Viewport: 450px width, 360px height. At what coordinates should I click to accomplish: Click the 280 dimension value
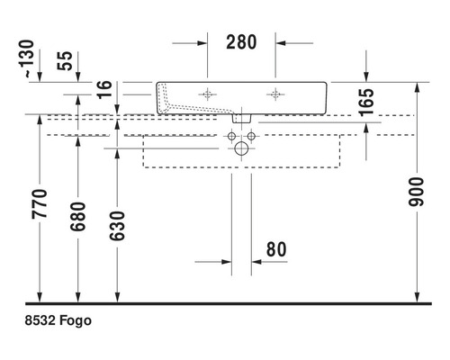[241, 41]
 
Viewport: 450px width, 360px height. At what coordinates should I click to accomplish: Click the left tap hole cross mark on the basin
[208, 94]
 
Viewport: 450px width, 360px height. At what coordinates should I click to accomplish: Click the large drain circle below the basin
[241, 149]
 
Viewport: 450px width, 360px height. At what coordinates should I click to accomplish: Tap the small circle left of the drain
[231, 136]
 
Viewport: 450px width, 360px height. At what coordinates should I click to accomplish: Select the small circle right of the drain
[252, 136]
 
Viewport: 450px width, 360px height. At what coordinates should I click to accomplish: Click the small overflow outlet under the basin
[241, 116]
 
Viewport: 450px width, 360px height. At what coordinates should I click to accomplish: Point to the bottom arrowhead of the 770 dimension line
[39, 296]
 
